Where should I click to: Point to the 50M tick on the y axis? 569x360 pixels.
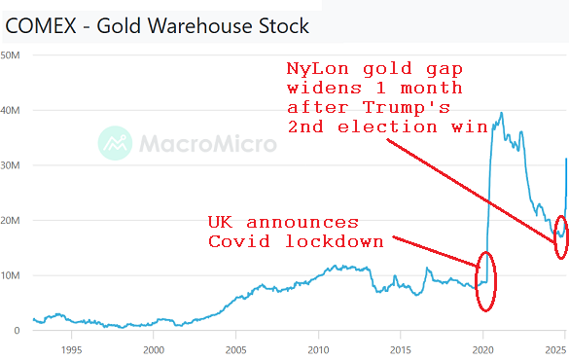click(x=12, y=54)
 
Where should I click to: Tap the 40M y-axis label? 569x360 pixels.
click(x=12, y=110)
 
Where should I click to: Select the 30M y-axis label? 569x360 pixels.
click(x=12, y=165)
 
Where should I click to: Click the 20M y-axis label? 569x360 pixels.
click(x=12, y=221)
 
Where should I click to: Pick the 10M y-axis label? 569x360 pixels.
click(x=12, y=275)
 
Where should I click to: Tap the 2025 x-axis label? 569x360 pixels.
click(x=555, y=348)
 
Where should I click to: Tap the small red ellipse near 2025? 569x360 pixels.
click(x=560, y=236)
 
